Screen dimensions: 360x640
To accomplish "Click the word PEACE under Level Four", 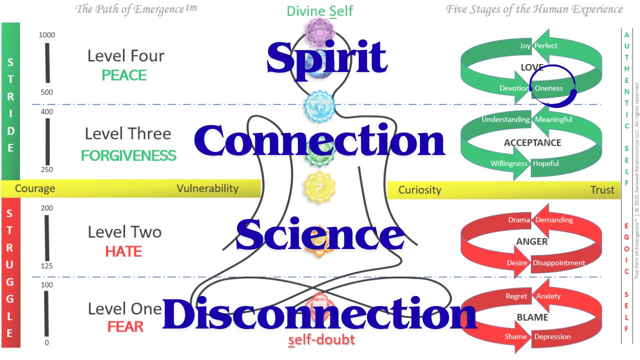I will pos(124,75).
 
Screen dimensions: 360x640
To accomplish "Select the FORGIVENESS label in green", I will pos(128,155).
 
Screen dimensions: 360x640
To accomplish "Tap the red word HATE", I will pos(123,251).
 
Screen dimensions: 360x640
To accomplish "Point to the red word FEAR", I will pos(125,327).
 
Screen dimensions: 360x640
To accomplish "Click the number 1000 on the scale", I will pos(46,35).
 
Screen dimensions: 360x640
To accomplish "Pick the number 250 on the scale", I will pos(46,170).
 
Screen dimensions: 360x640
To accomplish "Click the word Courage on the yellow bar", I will pos(35,188).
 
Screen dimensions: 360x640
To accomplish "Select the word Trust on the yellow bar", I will pos(602,189).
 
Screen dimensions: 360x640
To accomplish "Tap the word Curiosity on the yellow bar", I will pos(419,189).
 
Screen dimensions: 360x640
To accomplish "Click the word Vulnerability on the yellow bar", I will pos(207,188).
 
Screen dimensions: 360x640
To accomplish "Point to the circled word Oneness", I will pos(548,88).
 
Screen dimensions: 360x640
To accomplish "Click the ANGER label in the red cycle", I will pos(531,241).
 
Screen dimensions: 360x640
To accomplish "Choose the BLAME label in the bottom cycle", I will pos(532,317).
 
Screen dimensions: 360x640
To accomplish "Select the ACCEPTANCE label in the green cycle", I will pos(532,143).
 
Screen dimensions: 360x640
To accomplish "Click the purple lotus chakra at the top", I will pos(320,31).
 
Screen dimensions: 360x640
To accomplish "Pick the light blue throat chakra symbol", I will pos(320,106).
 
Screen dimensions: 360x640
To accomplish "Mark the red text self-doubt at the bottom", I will pos(321,340).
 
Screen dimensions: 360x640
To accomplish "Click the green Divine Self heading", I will pos(320,11).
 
